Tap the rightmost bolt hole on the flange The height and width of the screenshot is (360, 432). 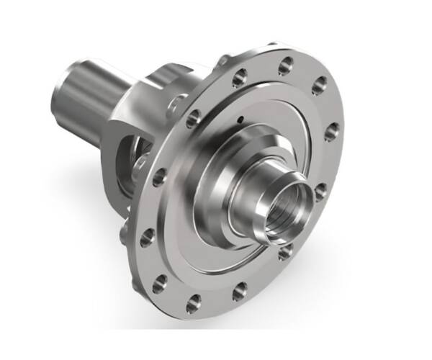[x=332, y=132]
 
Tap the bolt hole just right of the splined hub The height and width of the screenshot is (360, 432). [x=320, y=192]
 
